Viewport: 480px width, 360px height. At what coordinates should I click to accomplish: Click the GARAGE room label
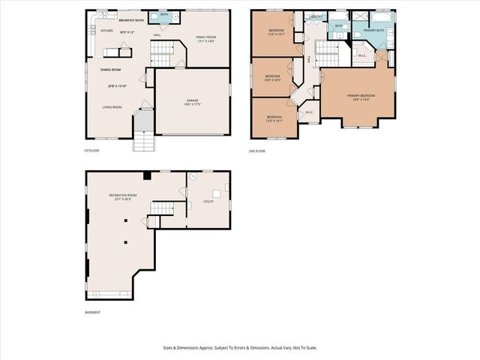193,100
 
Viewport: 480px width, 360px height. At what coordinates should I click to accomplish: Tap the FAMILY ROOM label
206,37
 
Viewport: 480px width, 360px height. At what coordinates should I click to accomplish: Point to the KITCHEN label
106,31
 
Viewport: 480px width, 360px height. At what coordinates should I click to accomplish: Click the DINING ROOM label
111,70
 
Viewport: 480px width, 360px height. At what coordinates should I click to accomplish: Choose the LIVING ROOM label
112,107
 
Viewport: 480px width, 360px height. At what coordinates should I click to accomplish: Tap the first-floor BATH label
164,14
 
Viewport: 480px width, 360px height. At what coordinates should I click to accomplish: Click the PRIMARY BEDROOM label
361,95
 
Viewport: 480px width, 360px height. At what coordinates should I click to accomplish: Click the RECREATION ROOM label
121,195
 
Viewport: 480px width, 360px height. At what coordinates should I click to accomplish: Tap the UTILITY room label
208,202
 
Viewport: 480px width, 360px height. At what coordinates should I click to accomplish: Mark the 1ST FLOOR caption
91,151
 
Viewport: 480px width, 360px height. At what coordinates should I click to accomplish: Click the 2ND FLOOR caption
257,151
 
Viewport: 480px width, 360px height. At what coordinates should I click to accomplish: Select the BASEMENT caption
92,312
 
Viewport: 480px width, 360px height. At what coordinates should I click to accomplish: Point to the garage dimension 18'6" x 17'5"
193,104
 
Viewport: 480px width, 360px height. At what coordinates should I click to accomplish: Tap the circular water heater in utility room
192,177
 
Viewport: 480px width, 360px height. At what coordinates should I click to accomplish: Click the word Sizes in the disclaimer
169,348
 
